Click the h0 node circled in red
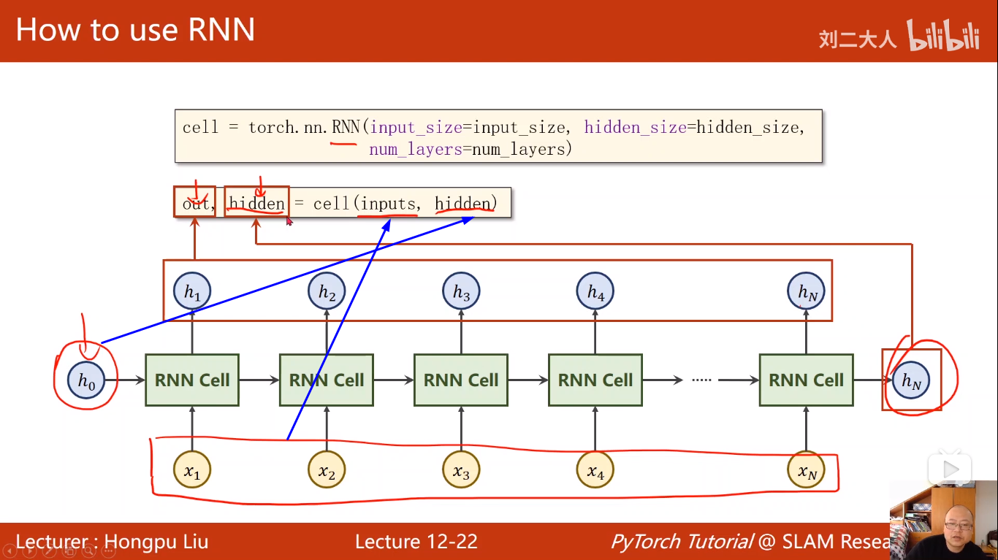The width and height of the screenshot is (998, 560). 87,380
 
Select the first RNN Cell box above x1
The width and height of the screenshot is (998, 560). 192,380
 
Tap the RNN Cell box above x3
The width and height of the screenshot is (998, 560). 461,380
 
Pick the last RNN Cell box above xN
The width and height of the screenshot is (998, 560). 806,380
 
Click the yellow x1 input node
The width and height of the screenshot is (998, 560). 192,472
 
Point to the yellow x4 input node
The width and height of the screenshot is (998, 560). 595,472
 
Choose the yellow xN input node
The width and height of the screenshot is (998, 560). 806,472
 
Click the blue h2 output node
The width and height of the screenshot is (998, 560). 327,292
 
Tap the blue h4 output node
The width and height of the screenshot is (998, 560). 595,292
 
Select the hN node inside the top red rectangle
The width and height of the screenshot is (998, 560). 806,292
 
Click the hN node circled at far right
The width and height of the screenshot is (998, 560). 911,380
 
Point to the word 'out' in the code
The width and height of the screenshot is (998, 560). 195,203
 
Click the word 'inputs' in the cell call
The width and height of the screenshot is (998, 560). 388,203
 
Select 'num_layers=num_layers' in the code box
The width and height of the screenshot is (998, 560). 470,150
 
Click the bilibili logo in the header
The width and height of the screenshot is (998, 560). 943,37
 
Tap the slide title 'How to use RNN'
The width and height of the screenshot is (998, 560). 135,31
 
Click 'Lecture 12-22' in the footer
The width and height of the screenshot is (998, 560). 416,542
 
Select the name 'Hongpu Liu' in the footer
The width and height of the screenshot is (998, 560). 156,542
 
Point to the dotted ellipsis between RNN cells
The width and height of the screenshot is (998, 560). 701,380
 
